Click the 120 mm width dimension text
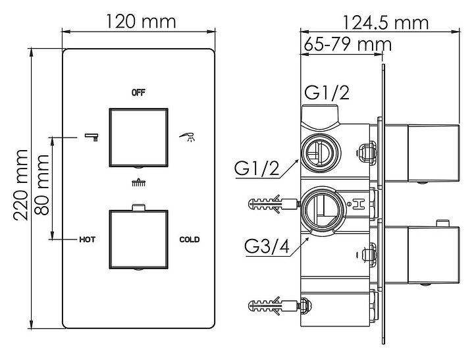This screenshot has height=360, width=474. pyautogui.click(x=141, y=22)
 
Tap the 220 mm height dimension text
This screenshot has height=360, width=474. pyautogui.click(x=20, y=185)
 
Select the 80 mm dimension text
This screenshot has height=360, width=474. pyautogui.click(x=41, y=185)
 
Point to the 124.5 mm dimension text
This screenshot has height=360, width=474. pyautogui.click(x=385, y=22)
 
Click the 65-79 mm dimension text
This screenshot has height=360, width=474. pyautogui.click(x=348, y=44)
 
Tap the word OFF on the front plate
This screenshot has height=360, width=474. pyautogui.click(x=138, y=93)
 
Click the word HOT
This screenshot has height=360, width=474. pyautogui.click(x=87, y=240)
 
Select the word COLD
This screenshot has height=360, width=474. pyautogui.click(x=190, y=240)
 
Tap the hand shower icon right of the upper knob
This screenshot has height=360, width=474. pyautogui.click(x=188, y=137)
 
